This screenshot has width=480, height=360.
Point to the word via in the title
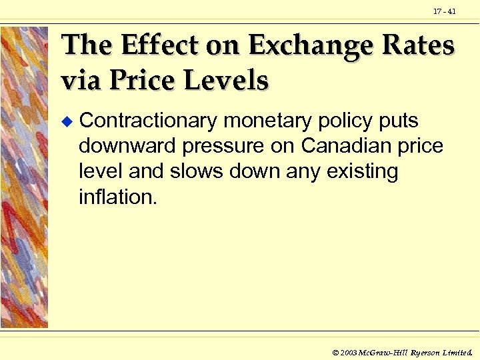(x=80, y=81)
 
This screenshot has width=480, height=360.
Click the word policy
(x=347, y=121)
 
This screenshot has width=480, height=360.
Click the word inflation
(x=118, y=197)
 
